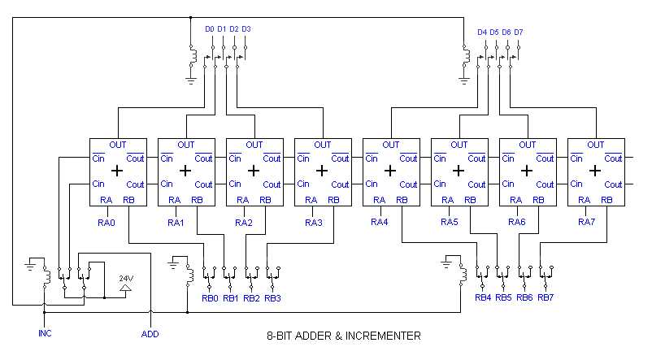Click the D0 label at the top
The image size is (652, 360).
pos(210,29)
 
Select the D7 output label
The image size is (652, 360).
pos(519,33)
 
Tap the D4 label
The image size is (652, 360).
pos(482,33)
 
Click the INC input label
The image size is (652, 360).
pos(46,333)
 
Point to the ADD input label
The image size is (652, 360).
pos(150,333)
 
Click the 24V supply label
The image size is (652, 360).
pos(126,278)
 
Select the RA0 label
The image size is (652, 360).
pos(107,222)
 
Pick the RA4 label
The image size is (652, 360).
pos(380,222)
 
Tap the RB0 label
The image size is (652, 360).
pos(210,298)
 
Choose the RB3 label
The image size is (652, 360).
pos(273,298)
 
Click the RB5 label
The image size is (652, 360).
pos(504,297)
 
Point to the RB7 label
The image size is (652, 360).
pos(546,297)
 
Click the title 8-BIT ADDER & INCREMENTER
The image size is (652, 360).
pos(344,335)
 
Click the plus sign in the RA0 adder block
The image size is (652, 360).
pos(117,171)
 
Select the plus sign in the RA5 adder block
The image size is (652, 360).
pos(459,171)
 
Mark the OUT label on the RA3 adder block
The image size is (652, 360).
pos(323,145)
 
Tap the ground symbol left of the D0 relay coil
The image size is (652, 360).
pos(192,80)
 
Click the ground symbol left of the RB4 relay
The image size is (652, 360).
pos(447,262)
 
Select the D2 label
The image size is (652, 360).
pos(234,29)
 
